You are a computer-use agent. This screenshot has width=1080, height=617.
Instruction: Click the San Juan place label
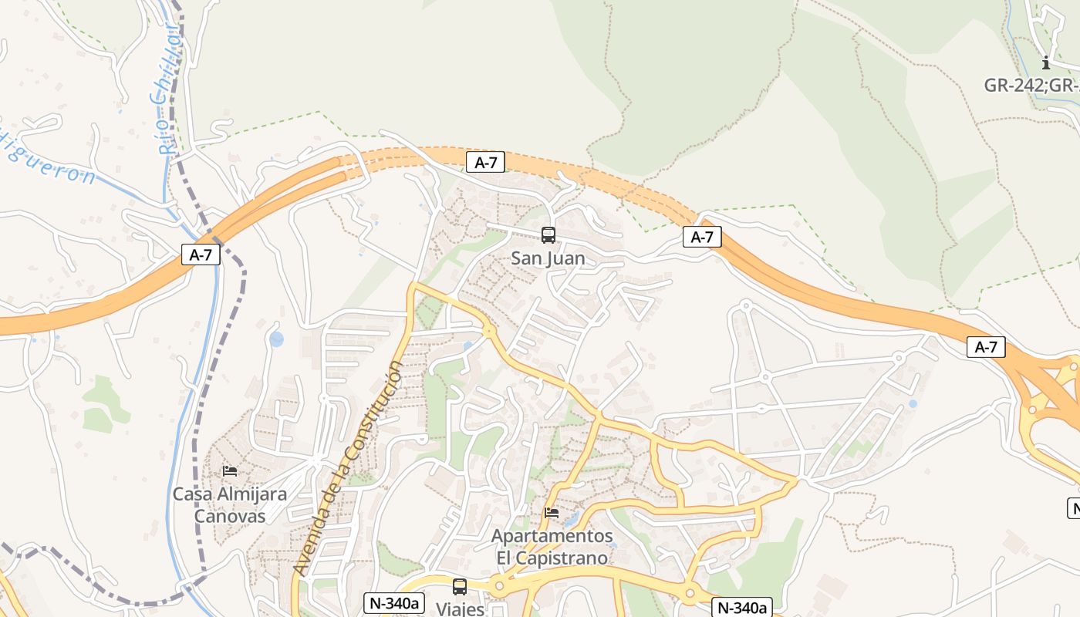click(x=548, y=258)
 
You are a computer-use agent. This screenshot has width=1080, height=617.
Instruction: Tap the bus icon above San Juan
click(x=548, y=235)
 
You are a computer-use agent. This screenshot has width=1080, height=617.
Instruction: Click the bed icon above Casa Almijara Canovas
click(x=229, y=470)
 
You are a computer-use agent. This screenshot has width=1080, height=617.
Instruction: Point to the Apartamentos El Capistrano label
click(x=552, y=546)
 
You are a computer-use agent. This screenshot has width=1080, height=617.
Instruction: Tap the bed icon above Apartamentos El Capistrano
click(x=551, y=512)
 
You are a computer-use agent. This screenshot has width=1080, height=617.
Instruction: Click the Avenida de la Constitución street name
click(x=349, y=467)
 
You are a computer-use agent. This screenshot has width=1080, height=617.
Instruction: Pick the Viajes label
click(x=460, y=609)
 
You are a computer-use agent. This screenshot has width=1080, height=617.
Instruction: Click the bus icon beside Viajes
click(x=460, y=587)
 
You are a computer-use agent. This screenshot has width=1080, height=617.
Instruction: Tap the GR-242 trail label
click(x=1031, y=85)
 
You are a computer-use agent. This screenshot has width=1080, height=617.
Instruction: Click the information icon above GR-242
click(x=1046, y=63)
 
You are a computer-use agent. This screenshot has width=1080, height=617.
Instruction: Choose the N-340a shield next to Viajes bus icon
click(x=394, y=603)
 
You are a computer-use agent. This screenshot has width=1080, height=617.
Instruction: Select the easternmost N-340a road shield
click(x=741, y=607)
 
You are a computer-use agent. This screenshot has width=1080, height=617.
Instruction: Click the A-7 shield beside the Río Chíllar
click(x=201, y=255)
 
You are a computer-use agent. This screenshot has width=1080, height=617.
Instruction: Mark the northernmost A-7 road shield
click(x=485, y=162)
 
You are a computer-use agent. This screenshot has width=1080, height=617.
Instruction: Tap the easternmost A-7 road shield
click(x=986, y=347)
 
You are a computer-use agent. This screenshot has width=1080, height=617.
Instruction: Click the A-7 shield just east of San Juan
click(x=702, y=237)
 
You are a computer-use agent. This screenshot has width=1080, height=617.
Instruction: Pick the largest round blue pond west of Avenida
click(x=276, y=339)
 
